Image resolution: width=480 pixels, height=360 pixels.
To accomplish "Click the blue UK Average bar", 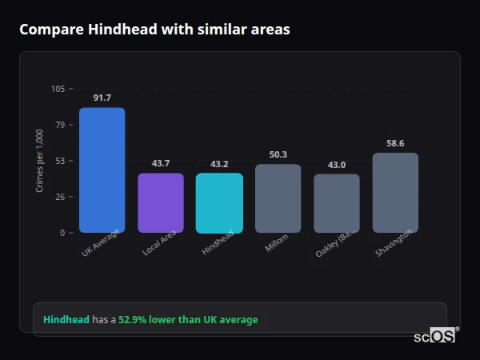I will pos(102,170).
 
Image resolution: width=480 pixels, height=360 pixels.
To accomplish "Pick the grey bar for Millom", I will pos(278,198).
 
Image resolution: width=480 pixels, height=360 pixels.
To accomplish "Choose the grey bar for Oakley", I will pos(336,203).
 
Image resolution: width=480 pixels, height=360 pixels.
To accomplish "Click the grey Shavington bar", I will pos(395,193).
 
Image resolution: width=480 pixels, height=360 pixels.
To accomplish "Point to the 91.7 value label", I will pos(102,98).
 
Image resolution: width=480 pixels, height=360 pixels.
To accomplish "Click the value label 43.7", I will pos(161,163).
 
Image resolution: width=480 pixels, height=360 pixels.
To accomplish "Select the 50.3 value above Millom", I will pos(278,154).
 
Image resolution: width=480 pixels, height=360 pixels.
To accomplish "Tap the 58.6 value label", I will pos(395,143).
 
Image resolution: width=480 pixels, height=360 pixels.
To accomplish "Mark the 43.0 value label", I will pos(336,165).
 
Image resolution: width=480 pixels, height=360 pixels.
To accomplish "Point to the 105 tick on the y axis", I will pos(58,89).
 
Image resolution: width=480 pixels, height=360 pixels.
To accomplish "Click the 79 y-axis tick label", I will pos(60,125).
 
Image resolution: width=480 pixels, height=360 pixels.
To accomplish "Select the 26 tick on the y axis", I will pos(60,197).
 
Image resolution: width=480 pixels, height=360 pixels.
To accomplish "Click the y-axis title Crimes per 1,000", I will pos(40,161).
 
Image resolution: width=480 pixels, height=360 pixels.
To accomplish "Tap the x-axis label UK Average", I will pos(101,243).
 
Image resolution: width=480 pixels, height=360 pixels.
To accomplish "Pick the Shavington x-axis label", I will pos(394,243).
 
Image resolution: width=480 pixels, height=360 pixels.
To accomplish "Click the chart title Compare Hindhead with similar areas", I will pos(154,30).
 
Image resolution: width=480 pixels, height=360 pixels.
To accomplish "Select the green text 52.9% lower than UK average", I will pos(188,320).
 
